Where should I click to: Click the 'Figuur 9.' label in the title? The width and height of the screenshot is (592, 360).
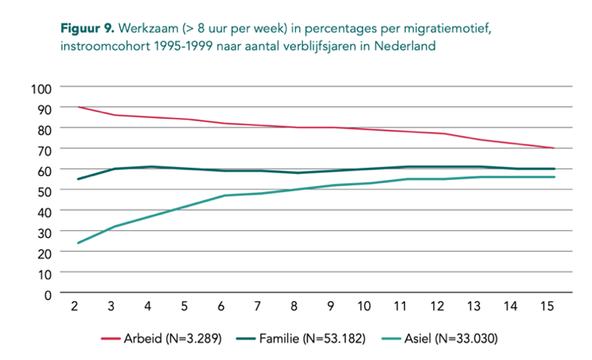pos(87,29)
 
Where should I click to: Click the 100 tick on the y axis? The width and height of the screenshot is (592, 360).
pos(41,87)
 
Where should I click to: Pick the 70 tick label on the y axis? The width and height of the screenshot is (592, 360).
pos(44,149)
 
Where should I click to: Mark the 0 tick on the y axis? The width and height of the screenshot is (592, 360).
pos(47,294)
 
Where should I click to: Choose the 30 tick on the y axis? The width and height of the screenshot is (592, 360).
pos(44,232)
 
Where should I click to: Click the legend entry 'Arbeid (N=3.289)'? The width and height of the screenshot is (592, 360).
pos(182,339)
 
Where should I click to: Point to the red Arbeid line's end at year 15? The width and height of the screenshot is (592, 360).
pos(554,148)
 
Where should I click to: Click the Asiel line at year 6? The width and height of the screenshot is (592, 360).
pos(224,196)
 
